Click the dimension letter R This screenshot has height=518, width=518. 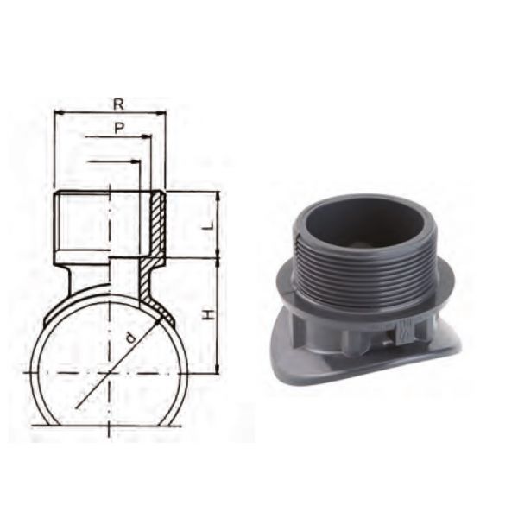pos(118,104)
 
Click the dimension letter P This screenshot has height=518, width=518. pos(119,128)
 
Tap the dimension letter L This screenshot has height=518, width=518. pos(209,225)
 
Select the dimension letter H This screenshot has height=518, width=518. pos(208,314)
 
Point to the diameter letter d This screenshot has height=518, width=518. pos(131,338)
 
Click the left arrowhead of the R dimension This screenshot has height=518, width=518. pos(59,113)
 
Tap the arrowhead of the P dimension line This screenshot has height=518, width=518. pos(146,136)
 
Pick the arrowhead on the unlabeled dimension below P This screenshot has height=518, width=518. pos(136,161)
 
